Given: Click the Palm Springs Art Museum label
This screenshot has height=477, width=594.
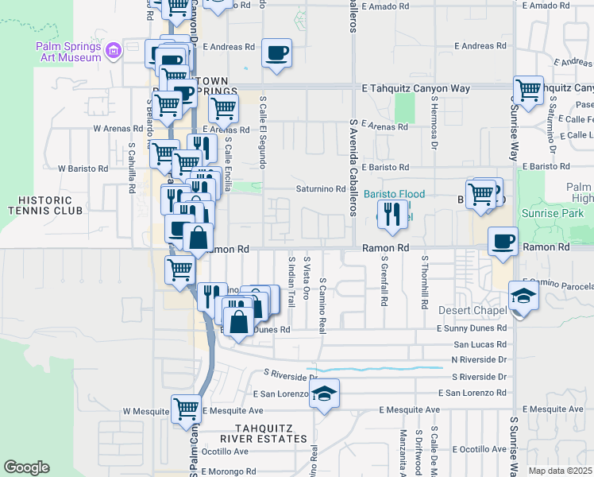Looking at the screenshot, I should click(69, 52).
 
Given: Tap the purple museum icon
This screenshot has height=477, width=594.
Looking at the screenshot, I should click(114, 52).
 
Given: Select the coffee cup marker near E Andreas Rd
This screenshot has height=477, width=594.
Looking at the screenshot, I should click(276, 53).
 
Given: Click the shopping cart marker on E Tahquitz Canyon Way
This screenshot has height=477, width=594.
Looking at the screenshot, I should click(527, 90).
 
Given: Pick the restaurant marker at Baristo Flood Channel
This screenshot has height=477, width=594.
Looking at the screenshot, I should click(391, 214).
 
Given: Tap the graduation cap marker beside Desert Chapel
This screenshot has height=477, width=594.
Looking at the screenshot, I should click(523, 297).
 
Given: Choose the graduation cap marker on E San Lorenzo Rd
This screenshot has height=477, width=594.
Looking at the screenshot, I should click(324, 394).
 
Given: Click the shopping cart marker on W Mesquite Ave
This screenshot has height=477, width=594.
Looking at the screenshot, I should click(186, 409).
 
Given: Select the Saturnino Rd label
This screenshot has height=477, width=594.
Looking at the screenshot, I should click(317, 188).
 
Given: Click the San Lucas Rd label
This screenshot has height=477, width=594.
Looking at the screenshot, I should click(479, 345).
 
